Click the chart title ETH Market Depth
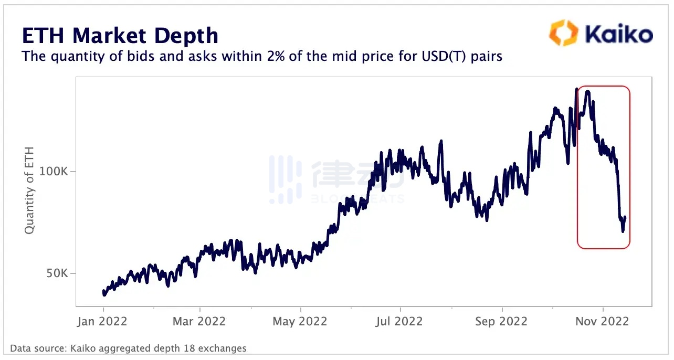click(120, 35)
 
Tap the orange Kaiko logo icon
click(563, 33)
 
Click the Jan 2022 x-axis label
click(103, 321)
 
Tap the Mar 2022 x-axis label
click(199, 321)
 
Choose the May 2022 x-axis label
click(300, 321)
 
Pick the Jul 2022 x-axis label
click(400, 321)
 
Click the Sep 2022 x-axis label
click(501, 321)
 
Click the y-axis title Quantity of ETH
click(30, 190)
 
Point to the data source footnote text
click(128, 348)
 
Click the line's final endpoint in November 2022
click(625, 217)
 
